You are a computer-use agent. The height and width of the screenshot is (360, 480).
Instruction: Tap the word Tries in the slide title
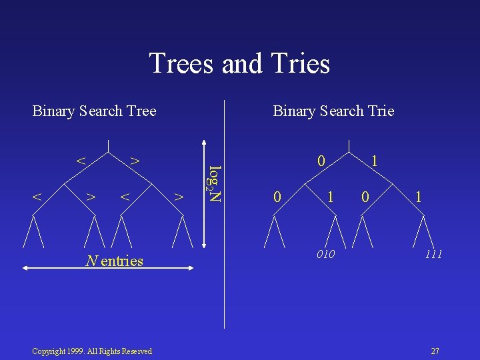[x=301, y=64]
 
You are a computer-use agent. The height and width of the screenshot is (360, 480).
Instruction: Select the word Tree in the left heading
[x=140, y=111]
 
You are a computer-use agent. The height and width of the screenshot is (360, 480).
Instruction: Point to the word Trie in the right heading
[x=379, y=111]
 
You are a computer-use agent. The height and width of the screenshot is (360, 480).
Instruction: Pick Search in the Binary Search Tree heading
[x=97, y=111]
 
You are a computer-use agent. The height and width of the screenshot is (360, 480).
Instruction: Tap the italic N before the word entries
[x=91, y=261]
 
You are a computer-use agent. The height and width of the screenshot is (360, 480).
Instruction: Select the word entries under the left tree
[x=122, y=261]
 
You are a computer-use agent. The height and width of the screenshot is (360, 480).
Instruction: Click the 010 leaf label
[x=326, y=255]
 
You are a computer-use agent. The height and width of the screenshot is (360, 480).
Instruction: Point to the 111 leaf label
[x=434, y=255]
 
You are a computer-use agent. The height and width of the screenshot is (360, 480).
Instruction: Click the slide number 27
[x=435, y=351]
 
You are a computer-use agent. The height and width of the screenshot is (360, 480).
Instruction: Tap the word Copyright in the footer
[x=48, y=351]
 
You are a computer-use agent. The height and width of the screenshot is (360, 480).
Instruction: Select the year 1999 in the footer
[x=79, y=351]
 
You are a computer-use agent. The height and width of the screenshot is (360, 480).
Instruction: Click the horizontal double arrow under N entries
[x=107, y=268]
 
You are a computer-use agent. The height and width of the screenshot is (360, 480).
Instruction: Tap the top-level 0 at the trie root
[x=321, y=161]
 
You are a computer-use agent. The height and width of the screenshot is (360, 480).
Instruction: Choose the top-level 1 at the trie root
[x=375, y=161]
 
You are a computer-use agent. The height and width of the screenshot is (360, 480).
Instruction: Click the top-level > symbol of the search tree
[x=134, y=161]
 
